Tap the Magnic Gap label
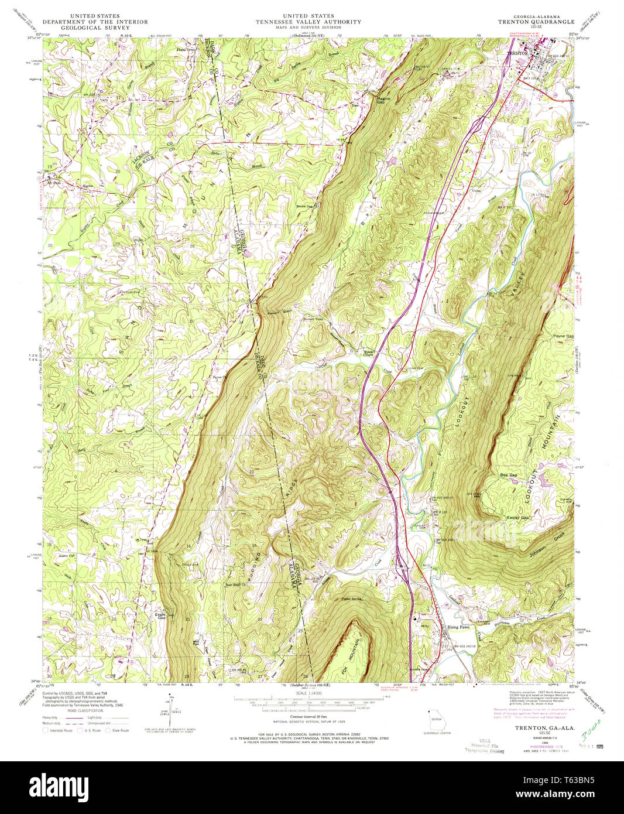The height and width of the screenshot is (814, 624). (383, 101)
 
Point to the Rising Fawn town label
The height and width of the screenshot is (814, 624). (458, 627)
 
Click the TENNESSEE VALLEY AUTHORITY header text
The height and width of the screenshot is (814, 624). (308, 21)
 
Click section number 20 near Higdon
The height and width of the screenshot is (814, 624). (118, 170)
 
